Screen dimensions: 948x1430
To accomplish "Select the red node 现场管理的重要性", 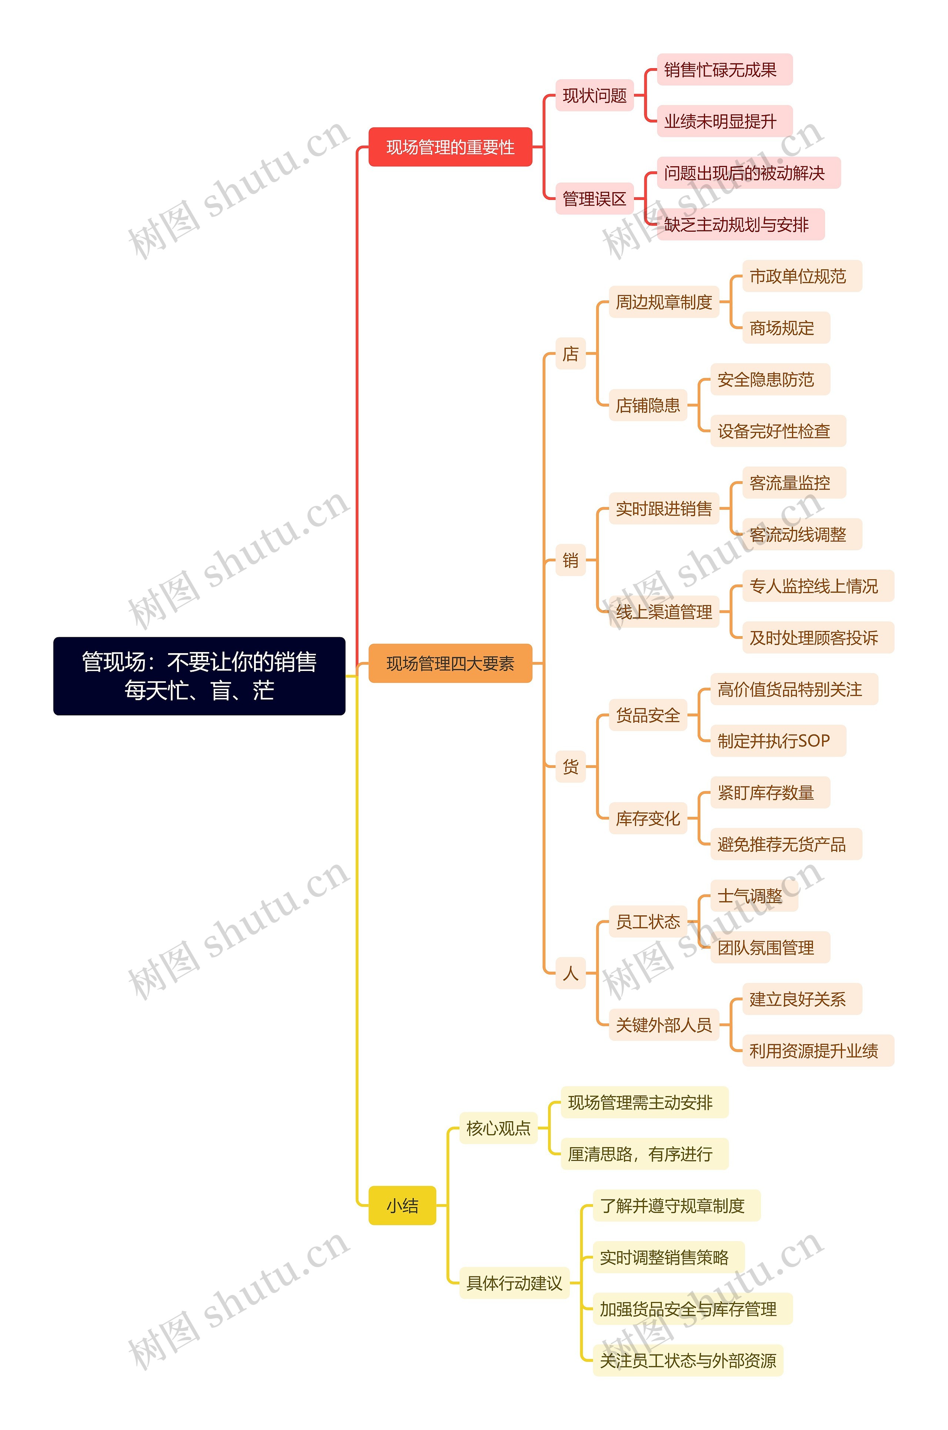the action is (x=450, y=147).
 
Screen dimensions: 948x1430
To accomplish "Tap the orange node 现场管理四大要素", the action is (x=450, y=664).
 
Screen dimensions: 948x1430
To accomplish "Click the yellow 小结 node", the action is (x=402, y=1206).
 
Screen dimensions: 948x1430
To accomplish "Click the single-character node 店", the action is (x=570, y=354).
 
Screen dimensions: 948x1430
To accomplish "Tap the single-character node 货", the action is (x=570, y=767).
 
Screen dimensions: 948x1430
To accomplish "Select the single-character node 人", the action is (x=570, y=973).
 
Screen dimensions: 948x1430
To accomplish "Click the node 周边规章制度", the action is (x=663, y=302).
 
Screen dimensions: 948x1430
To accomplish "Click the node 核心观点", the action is (x=498, y=1128).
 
